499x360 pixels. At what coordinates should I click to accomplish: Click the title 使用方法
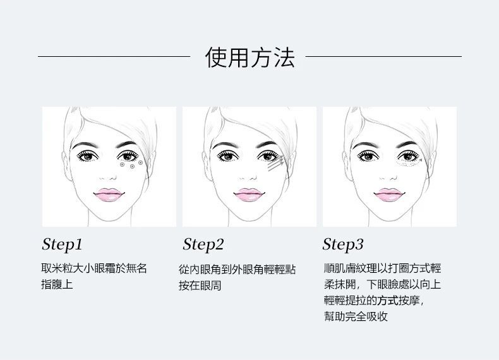click(250, 57)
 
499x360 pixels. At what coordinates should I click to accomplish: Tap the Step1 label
click(62, 245)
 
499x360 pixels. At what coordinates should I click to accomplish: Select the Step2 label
click(203, 245)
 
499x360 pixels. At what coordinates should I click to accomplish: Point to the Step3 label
click(343, 245)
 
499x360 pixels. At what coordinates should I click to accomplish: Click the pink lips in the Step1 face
click(109, 195)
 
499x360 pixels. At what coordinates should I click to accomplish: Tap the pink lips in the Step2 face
click(249, 195)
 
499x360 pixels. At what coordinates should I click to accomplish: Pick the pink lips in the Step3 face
click(390, 195)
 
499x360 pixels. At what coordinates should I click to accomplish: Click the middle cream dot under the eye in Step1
click(132, 167)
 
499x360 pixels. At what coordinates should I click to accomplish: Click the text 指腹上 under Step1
click(57, 284)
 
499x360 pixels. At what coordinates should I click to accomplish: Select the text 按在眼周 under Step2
click(200, 285)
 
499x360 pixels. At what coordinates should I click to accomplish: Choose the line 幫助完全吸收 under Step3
click(356, 316)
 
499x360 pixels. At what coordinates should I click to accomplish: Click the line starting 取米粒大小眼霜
click(94, 268)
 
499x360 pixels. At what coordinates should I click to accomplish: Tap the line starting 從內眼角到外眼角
click(237, 270)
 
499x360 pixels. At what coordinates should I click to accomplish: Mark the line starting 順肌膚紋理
click(382, 268)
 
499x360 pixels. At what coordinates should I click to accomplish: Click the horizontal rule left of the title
click(114, 57)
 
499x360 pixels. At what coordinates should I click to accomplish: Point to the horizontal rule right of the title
click(383, 57)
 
